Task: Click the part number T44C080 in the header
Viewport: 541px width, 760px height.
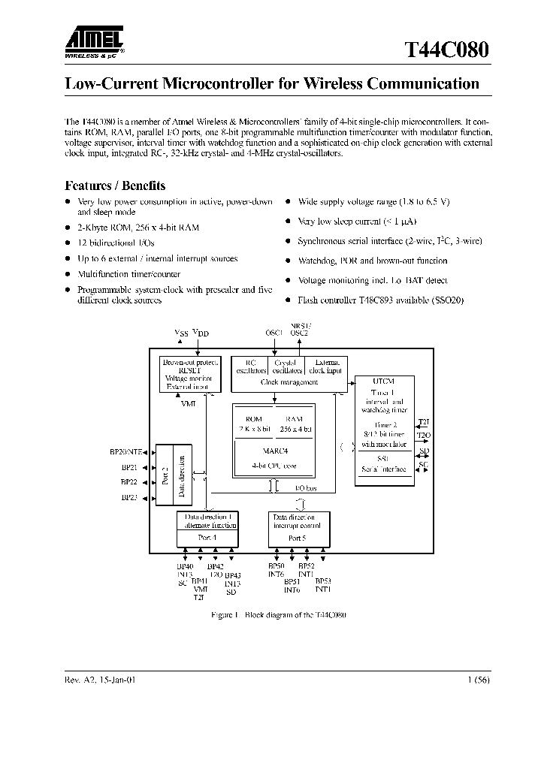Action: (x=446, y=50)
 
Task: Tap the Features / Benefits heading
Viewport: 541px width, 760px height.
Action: (x=115, y=185)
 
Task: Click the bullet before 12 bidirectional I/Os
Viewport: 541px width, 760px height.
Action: (x=68, y=243)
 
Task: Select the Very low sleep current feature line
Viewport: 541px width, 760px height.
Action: (x=358, y=222)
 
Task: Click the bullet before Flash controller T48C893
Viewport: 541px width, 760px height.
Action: (x=289, y=300)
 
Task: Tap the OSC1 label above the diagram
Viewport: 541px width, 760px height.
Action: (x=274, y=332)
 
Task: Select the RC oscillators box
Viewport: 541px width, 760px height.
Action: (x=250, y=365)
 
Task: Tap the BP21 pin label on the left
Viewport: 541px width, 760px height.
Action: (x=128, y=466)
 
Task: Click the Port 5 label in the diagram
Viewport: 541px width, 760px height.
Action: (x=298, y=538)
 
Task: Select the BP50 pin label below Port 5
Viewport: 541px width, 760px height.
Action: (x=276, y=566)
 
